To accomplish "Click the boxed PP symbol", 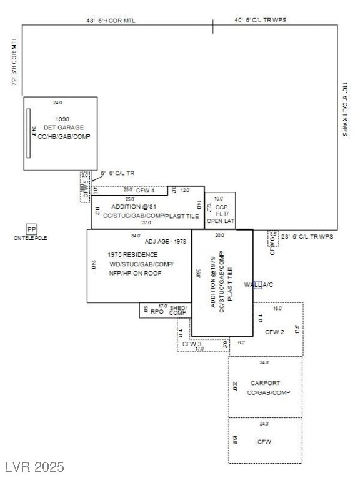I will click(x=31, y=229).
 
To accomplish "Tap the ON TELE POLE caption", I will click(x=31, y=238).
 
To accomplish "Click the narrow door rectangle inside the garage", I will click(x=28, y=133).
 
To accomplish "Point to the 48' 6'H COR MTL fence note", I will click(x=111, y=21).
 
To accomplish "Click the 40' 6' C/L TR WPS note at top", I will click(x=261, y=21).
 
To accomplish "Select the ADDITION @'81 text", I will click(x=134, y=207).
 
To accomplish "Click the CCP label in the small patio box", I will click(x=221, y=207).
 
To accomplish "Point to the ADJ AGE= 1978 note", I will click(x=165, y=241).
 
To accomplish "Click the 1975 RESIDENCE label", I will click(x=132, y=255).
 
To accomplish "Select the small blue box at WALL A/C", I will click(x=257, y=285).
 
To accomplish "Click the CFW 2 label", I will click(x=274, y=332).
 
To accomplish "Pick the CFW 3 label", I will click(x=191, y=344).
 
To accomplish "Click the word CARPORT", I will click(x=265, y=383).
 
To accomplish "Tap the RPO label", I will click(x=157, y=311).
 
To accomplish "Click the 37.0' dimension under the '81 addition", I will click(x=146, y=222).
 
